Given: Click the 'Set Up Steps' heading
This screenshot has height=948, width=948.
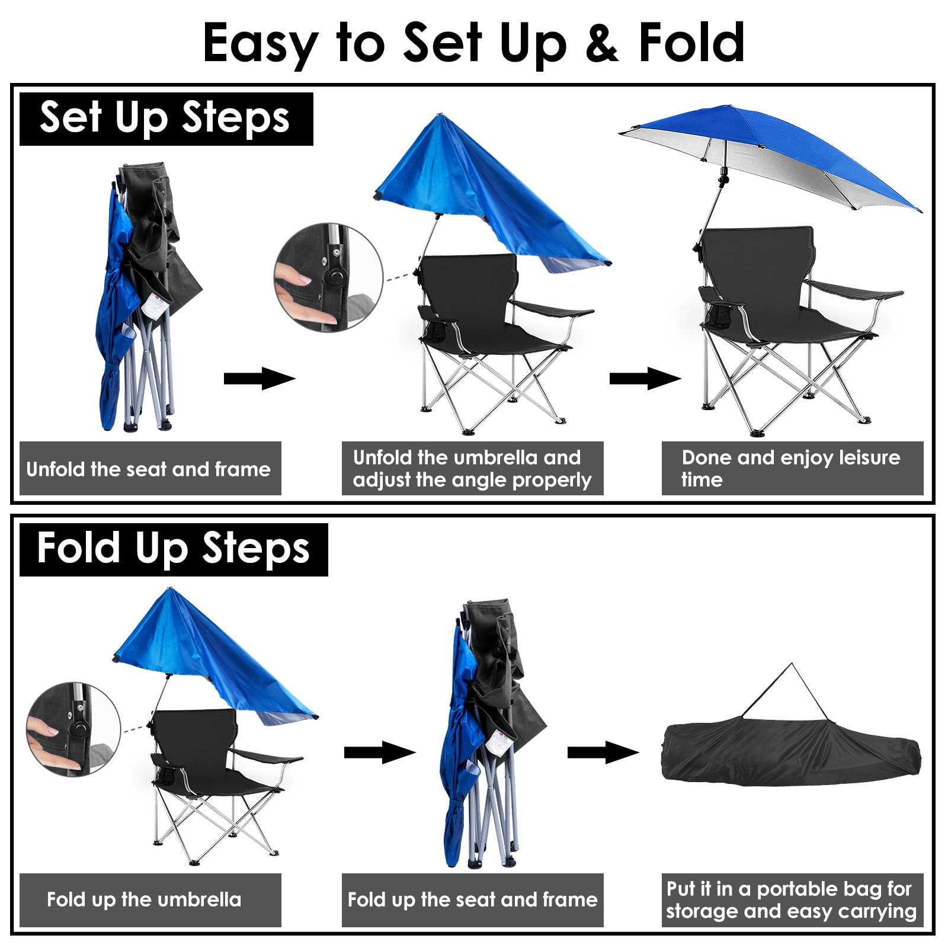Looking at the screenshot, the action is [165, 118].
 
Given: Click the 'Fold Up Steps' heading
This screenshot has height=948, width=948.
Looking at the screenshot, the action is [173, 549].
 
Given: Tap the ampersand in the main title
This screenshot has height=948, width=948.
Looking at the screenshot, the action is [602, 43].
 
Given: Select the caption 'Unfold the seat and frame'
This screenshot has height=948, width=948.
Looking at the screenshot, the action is [149, 469].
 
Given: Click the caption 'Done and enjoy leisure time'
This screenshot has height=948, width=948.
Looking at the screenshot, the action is [791, 468].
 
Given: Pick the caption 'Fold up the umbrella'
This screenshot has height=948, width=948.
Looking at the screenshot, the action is [144, 899].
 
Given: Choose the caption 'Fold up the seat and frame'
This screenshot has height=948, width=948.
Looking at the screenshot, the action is [472, 899].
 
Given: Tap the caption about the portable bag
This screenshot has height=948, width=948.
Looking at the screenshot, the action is [792, 899].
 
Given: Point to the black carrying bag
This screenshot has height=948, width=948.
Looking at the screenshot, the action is [792, 751].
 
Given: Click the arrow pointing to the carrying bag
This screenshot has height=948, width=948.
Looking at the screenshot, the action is [603, 752].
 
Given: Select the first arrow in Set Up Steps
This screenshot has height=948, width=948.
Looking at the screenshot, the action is [260, 379].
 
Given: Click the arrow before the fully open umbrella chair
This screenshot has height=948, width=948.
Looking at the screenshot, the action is [645, 379].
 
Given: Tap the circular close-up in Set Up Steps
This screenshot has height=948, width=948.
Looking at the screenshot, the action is [328, 277].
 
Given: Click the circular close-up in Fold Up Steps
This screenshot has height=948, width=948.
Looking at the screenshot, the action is [73, 729].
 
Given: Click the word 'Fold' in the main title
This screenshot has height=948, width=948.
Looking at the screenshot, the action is [691, 43].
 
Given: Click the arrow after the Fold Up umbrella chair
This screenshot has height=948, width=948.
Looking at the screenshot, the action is [380, 752].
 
